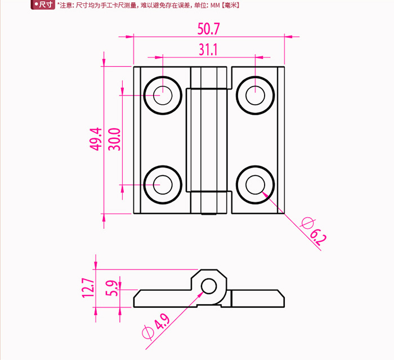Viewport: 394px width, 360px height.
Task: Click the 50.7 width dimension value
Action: pos(209,29)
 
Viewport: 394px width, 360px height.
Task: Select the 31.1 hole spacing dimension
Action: pos(208,49)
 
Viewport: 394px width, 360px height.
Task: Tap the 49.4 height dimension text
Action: pos(96,139)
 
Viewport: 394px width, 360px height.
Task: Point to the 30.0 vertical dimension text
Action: pos(115,139)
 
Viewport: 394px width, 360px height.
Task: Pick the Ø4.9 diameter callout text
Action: pos(156,326)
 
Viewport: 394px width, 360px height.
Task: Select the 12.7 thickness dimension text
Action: pos(89,287)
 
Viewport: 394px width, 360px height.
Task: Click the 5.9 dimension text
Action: pos(111,288)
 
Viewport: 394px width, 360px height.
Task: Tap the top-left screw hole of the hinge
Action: pos(163,96)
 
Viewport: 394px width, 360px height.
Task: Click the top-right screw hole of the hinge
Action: pos(255,96)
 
